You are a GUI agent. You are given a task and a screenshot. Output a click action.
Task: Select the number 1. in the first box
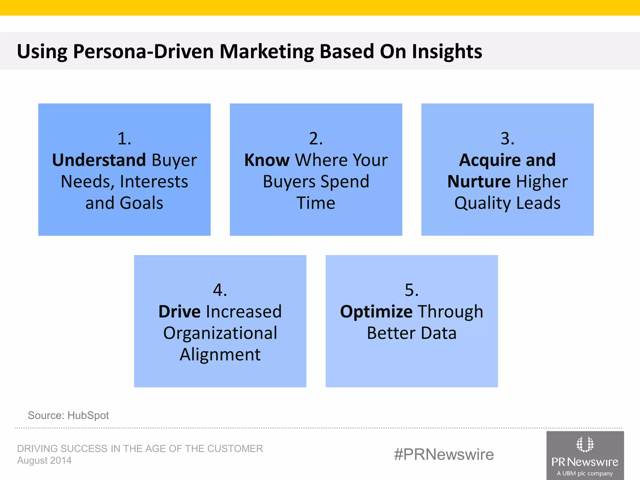point(124,138)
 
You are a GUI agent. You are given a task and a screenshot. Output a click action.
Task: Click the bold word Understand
point(99,160)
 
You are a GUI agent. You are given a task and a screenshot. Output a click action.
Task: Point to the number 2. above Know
point(316,138)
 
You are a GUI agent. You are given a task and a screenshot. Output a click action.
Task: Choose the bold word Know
point(267,160)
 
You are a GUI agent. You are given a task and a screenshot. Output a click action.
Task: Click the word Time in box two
point(316,203)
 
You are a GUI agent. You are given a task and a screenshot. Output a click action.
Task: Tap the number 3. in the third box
point(507,138)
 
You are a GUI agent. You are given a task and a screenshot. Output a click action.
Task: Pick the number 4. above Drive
point(220,290)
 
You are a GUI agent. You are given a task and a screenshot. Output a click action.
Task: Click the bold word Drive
point(179,312)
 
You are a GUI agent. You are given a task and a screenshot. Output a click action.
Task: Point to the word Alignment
point(220,355)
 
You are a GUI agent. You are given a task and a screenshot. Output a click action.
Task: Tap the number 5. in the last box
point(411,290)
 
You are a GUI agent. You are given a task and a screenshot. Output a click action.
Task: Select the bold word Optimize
point(376,312)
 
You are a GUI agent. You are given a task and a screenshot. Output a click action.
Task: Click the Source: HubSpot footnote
point(68,415)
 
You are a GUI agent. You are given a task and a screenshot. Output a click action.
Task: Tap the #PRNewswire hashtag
point(444,454)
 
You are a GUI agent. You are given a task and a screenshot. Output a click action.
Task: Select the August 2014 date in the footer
point(44,461)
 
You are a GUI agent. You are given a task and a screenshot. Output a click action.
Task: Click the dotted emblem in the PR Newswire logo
point(585,444)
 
